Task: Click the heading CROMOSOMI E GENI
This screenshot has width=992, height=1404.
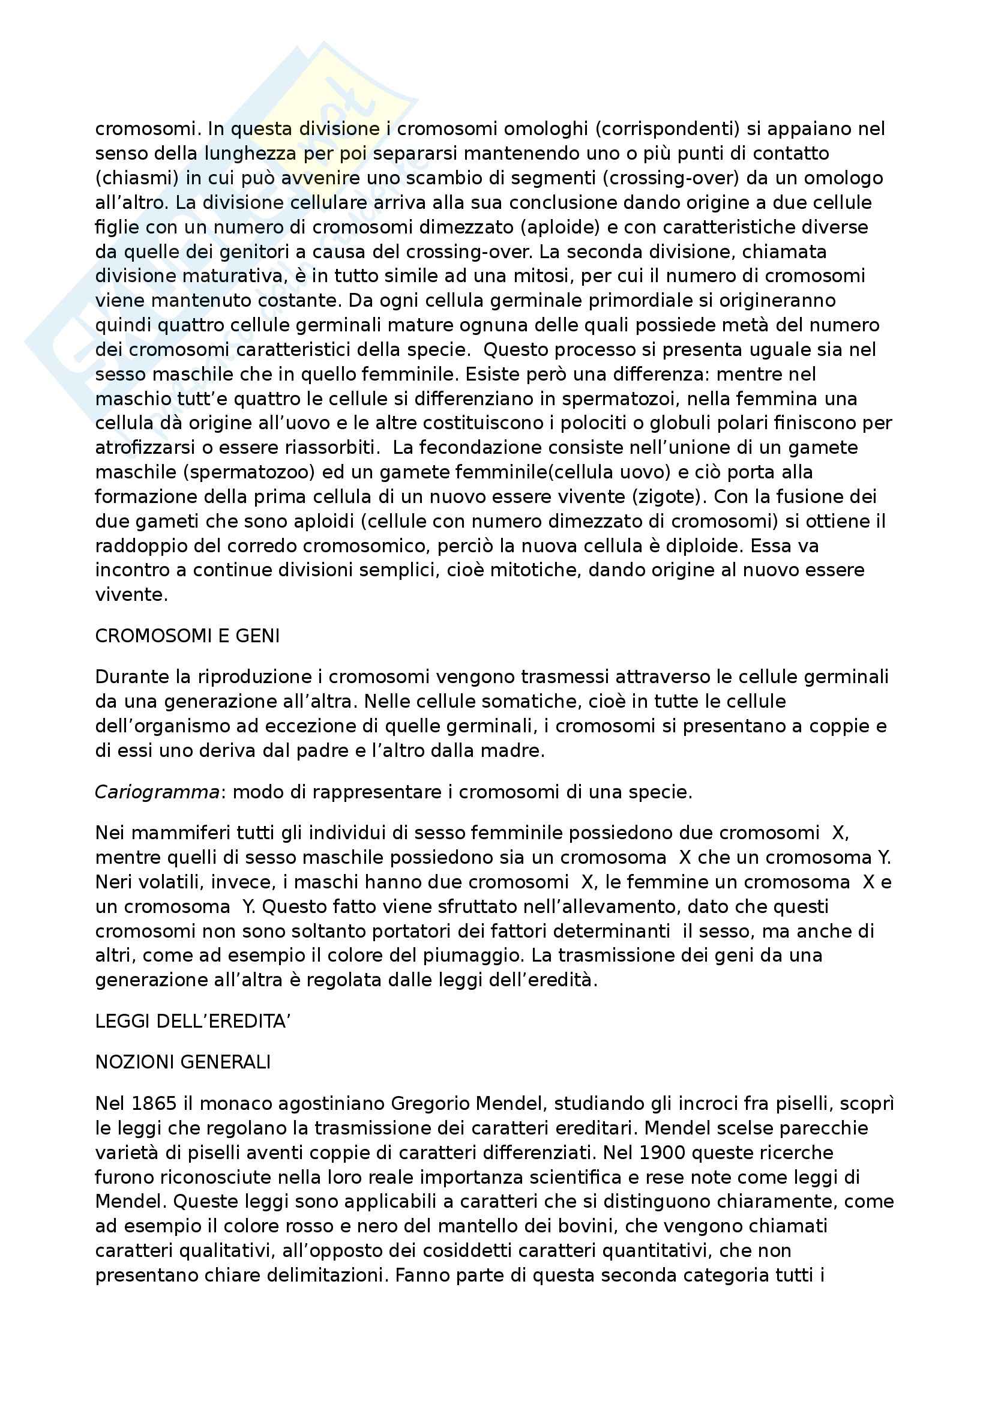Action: point(187,636)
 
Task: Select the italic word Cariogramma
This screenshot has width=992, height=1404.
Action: point(157,792)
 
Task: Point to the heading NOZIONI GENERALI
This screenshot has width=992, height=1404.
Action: point(183,1062)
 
